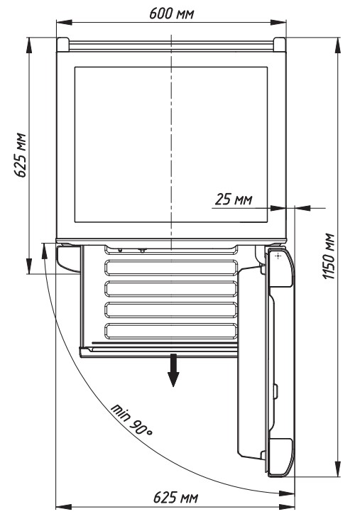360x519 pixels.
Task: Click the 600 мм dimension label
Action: coord(171,13)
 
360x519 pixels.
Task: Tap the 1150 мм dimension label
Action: coord(329,256)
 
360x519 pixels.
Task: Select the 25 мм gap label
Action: coord(234,200)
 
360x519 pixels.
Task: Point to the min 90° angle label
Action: coord(131,420)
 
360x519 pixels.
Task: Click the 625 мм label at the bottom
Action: coord(175,497)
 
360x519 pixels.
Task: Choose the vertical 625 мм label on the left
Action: coord(20,155)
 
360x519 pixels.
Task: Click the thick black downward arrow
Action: coord(173,370)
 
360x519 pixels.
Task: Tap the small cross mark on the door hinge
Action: coord(278,256)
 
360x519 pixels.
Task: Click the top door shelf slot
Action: coord(171,268)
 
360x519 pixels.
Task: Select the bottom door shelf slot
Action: coord(171,331)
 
